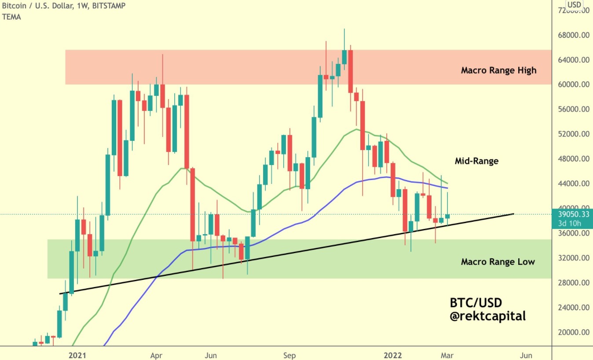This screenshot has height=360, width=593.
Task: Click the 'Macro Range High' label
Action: coord(498,70)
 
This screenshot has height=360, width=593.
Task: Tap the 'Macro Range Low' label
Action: coord(498,262)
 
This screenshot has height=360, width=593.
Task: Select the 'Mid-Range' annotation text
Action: coord(476,161)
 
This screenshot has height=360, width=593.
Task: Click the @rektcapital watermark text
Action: coord(487,316)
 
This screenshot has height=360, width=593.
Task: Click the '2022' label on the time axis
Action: coord(393,355)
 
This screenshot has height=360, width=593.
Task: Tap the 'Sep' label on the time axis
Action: coord(289,355)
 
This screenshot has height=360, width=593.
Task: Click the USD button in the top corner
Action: coord(574,5)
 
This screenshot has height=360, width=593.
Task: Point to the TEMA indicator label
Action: coord(11,17)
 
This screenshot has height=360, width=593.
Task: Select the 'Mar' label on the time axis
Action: coord(447,355)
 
